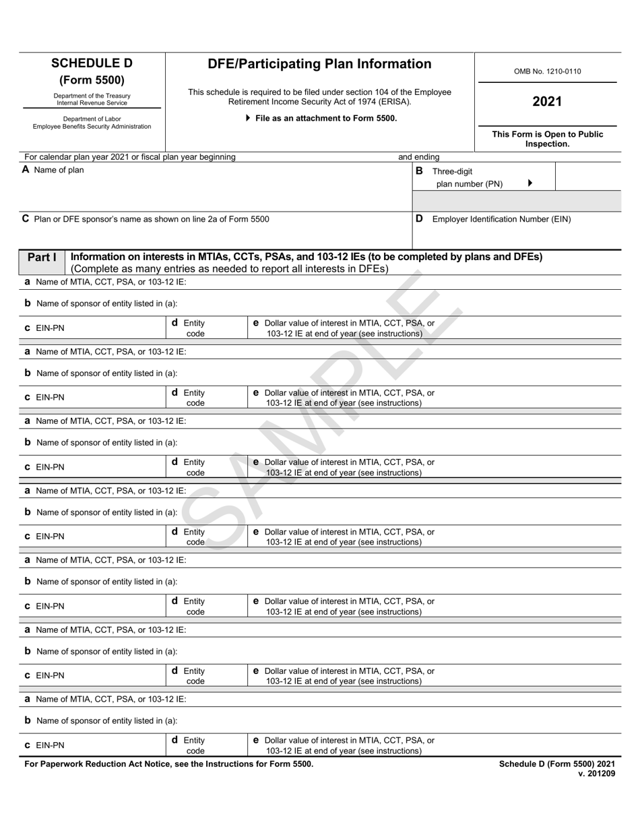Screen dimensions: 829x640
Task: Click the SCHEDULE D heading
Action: (92, 64)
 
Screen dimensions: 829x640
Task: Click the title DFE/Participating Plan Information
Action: (319, 64)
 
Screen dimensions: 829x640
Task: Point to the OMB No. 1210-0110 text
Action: (547, 71)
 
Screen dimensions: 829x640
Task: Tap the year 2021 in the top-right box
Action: (547, 102)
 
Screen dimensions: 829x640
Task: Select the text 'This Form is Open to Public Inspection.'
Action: (547, 139)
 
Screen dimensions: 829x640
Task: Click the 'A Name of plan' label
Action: (53, 171)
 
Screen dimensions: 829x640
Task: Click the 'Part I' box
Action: (42, 257)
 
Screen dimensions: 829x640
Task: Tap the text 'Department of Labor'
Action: (92, 119)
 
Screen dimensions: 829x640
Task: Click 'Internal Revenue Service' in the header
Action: (92, 103)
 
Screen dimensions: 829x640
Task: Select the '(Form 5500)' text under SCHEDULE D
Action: (92, 80)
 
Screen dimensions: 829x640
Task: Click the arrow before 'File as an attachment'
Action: (248, 118)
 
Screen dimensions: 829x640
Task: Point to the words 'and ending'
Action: (418, 157)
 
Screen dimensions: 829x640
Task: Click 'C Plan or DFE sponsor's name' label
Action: (146, 219)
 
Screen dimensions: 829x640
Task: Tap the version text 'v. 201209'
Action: (596, 774)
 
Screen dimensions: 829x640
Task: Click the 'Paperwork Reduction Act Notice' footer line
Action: (168, 764)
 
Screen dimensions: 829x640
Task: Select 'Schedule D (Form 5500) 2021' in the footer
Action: (556, 764)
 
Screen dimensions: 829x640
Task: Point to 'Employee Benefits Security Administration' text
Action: (92, 127)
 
